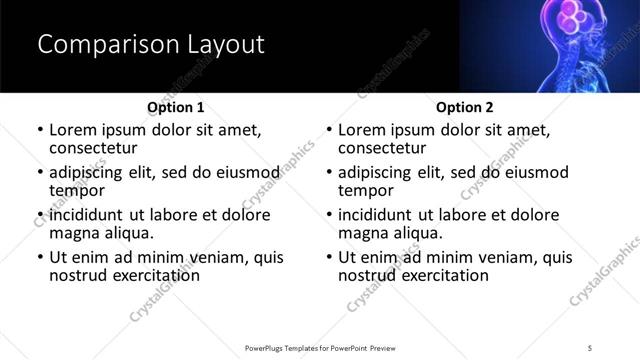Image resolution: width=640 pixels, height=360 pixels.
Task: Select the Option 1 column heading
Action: click(175, 107)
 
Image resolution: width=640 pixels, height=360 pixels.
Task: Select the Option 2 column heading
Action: click(464, 107)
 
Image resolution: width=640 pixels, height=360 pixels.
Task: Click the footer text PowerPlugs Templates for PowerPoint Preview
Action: click(319, 347)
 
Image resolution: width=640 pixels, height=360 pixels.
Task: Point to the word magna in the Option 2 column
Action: click(363, 233)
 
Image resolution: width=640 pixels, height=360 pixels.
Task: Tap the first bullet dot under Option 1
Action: click(40, 130)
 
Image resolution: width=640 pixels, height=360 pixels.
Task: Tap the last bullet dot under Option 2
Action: click(329, 258)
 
